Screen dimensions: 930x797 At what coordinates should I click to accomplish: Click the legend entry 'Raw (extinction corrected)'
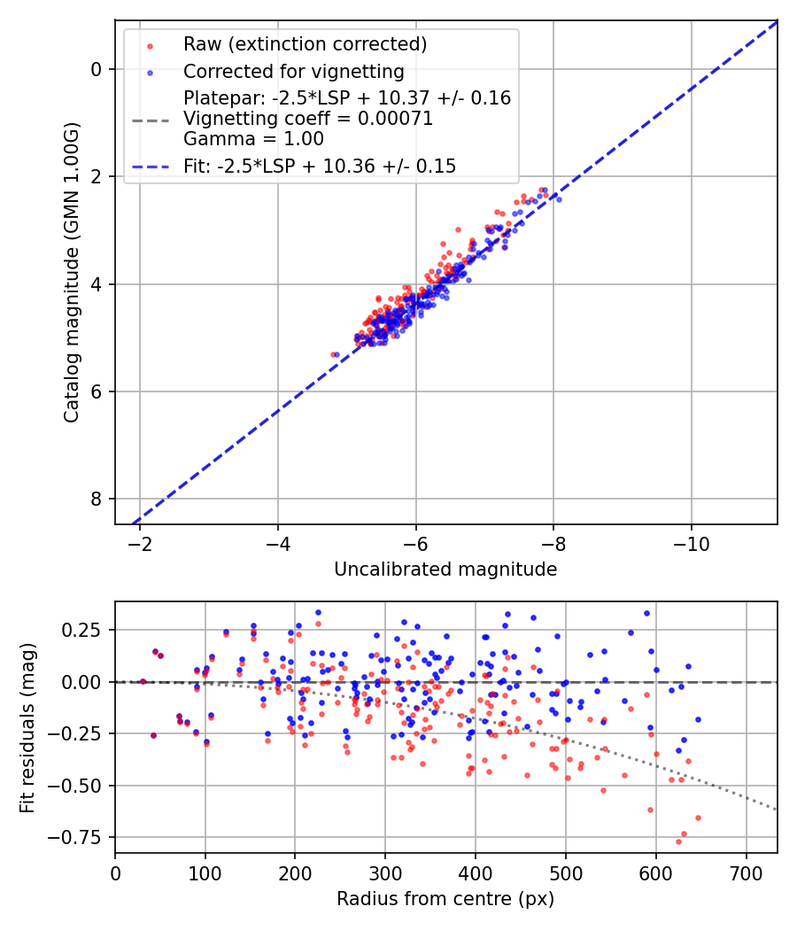(305, 44)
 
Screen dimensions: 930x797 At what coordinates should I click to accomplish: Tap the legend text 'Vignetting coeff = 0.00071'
(308, 119)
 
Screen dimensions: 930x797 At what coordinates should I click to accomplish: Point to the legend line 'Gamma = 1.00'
(253, 139)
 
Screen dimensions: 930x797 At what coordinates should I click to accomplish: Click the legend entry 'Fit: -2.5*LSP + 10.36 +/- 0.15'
(320, 166)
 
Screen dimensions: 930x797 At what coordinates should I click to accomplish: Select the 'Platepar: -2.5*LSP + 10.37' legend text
(347, 98)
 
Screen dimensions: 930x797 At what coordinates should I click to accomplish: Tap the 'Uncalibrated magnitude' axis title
(445, 570)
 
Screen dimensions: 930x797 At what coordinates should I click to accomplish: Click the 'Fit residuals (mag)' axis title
(27, 727)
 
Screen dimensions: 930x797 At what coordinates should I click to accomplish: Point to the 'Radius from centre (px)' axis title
(445, 899)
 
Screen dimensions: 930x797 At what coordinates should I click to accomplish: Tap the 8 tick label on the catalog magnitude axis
(97, 500)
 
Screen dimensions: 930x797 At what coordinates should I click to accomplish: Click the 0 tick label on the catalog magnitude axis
(97, 69)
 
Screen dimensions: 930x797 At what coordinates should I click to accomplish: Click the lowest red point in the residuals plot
(679, 841)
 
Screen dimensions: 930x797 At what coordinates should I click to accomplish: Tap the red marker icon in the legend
(149, 45)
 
